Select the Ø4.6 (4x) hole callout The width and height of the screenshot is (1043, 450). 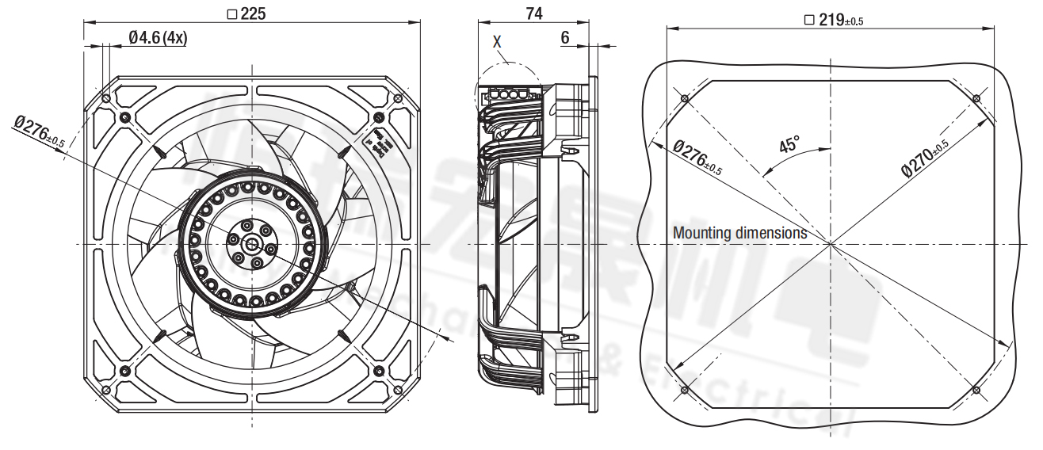coord(157,38)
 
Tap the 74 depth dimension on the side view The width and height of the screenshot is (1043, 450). coord(534,13)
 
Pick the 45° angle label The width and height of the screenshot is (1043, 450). coord(789,146)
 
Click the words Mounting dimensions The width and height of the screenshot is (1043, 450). coord(739,233)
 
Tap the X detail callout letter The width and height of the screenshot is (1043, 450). coord(497,42)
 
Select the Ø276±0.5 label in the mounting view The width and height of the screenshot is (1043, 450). coord(697,157)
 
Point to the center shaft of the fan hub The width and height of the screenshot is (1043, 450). coord(251,244)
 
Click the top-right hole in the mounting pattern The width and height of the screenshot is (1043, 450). coord(976,98)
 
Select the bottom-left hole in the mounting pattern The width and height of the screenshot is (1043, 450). coord(685,391)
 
